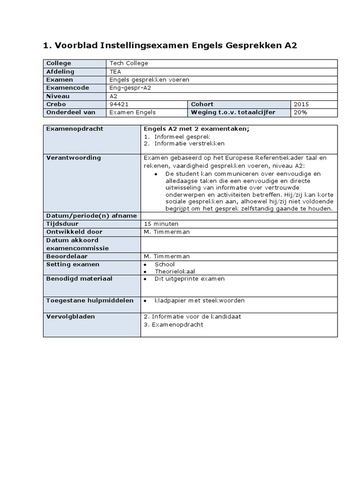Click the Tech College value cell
[128, 63]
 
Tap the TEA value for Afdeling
[115, 72]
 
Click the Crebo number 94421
[119, 104]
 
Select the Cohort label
[202, 104]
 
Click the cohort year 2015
[302, 104]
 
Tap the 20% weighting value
[301, 112]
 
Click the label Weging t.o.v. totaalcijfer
[233, 112]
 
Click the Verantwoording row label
[73, 158]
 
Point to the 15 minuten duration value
[161, 224]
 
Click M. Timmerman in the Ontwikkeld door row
[167, 232]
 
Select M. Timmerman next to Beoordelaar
[167, 256]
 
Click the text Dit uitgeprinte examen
[189, 279]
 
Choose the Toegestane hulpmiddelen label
[90, 300]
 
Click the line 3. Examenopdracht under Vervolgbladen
[173, 324]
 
